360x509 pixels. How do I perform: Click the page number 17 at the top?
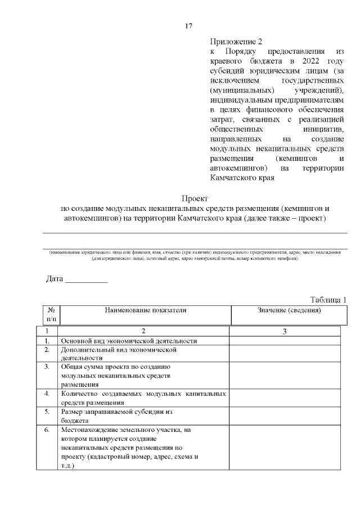coord(189,26)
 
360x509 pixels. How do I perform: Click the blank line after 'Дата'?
coord(86,279)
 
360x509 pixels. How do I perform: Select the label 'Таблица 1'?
coord(328,299)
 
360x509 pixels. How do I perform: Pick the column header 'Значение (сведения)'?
coord(289,310)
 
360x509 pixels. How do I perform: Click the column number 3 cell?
coord(285,331)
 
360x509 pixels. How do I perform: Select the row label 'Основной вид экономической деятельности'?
coord(129,341)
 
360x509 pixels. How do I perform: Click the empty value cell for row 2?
coord(285,353)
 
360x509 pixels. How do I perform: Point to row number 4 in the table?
coord(47,394)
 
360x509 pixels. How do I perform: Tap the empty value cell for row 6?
coord(285,448)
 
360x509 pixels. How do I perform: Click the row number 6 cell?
coord(47,430)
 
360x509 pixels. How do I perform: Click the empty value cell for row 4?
coord(285,398)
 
